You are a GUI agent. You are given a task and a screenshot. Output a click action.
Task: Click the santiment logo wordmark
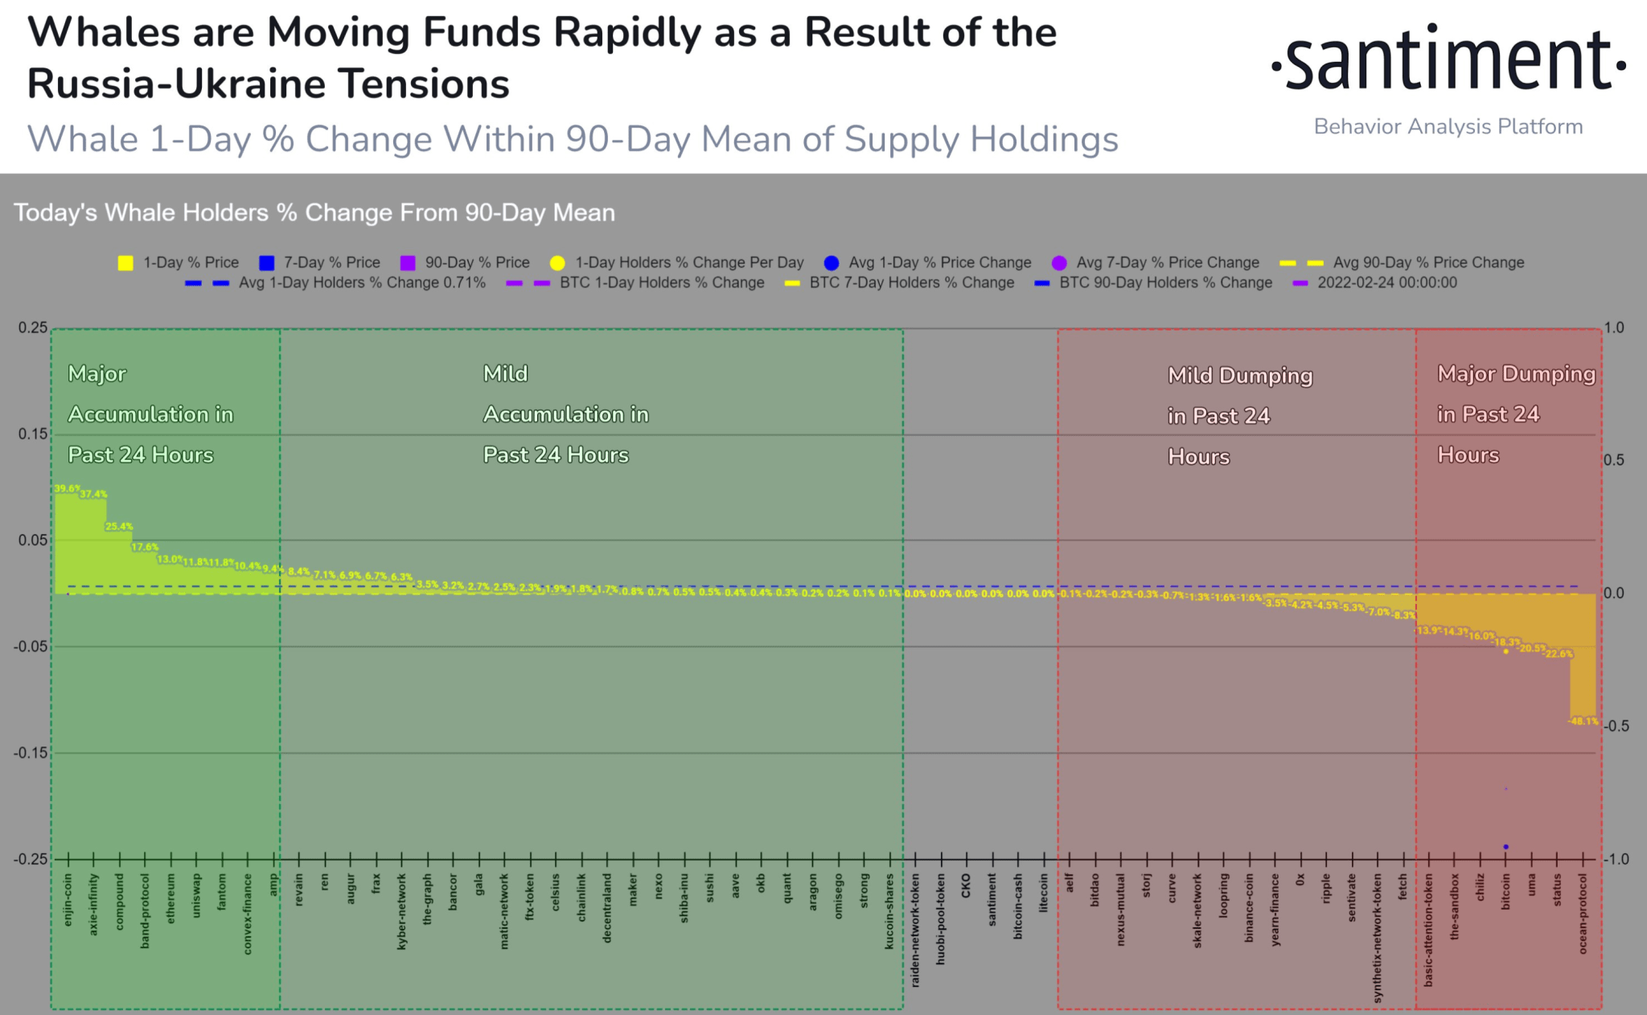pyautogui.click(x=1448, y=61)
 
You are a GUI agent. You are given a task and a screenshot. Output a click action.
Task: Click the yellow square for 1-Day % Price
pyautogui.click(x=125, y=263)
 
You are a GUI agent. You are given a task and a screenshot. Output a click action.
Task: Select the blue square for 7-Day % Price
pyautogui.click(x=267, y=263)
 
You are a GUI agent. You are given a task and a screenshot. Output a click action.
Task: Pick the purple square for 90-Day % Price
pyautogui.click(x=408, y=263)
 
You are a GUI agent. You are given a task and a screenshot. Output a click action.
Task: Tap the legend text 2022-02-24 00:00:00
pyautogui.click(x=1386, y=283)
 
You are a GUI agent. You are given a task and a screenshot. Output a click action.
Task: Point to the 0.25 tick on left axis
pyautogui.click(x=33, y=328)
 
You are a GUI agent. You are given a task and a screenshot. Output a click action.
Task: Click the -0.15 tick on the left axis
pyautogui.click(x=31, y=753)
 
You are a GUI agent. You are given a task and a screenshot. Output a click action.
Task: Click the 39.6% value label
pyautogui.click(x=67, y=488)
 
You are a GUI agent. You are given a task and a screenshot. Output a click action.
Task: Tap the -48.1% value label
pyautogui.click(x=1583, y=721)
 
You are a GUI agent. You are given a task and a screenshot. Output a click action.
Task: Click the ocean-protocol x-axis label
pyautogui.click(x=1583, y=914)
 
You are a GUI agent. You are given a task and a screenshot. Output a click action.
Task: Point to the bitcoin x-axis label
pyautogui.click(x=1505, y=892)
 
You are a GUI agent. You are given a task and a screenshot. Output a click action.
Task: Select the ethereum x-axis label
pyautogui.click(x=170, y=898)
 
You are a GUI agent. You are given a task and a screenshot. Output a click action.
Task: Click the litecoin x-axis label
pyautogui.click(x=1043, y=893)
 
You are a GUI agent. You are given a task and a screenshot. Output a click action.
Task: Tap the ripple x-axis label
pyautogui.click(x=1326, y=888)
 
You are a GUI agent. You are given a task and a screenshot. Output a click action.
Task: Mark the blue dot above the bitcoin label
pyautogui.click(x=1505, y=847)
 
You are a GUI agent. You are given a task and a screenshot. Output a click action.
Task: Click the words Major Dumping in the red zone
pyautogui.click(x=1516, y=374)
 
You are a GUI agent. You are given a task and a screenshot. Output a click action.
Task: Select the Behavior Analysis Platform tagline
pyautogui.click(x=1448, y=127)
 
